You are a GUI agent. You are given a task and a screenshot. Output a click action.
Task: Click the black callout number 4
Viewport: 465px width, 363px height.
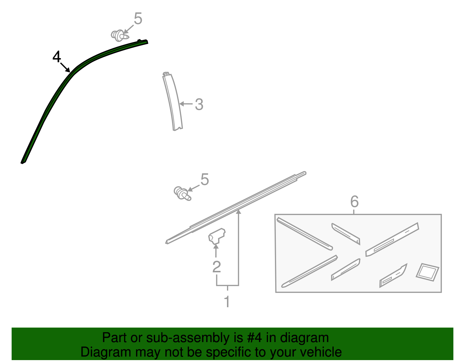57,57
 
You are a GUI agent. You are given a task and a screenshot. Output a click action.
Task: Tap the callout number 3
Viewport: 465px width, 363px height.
199,104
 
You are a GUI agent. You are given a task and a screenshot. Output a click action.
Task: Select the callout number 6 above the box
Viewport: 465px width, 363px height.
355,201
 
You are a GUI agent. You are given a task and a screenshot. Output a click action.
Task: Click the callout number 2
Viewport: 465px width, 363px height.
217,267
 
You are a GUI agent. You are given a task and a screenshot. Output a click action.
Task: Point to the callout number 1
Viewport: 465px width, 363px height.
227,302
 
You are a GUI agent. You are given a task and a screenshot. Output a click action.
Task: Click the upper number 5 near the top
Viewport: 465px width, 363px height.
138,19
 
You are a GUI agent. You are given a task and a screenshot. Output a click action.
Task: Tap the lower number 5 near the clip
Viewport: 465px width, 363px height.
205,180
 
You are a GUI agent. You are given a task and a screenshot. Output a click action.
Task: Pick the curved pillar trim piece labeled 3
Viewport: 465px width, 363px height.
173,102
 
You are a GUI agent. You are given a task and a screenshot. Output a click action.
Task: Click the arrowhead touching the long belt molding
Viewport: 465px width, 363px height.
239,212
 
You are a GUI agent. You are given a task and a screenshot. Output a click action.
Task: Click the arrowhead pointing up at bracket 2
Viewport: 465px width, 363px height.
216,247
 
